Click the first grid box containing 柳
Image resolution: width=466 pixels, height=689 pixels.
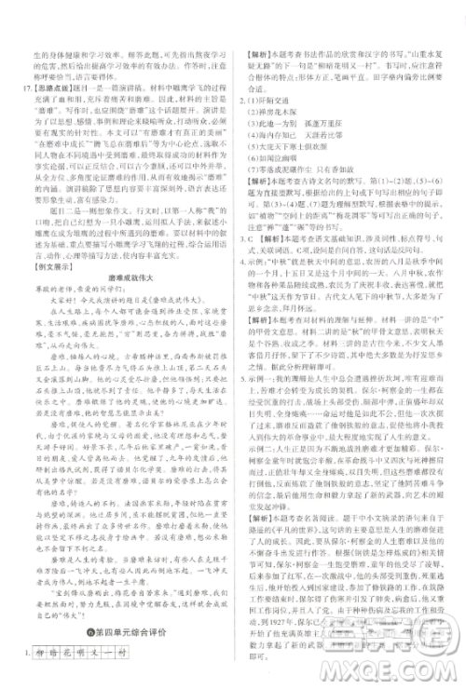(x=39, y=648)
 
